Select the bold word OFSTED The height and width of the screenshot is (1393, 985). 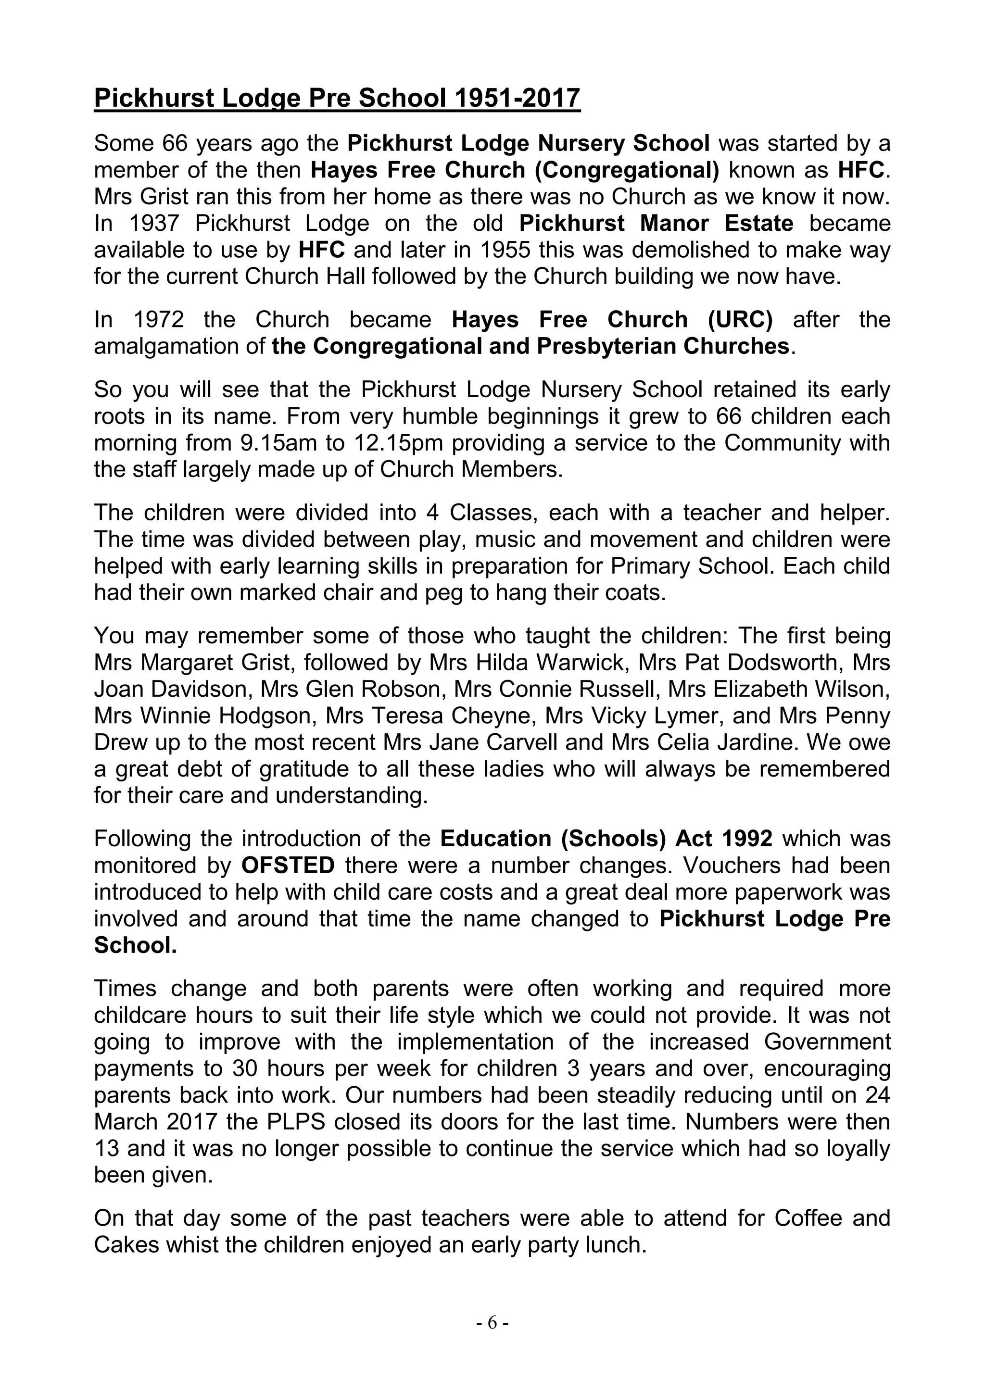(x=288, y=865)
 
